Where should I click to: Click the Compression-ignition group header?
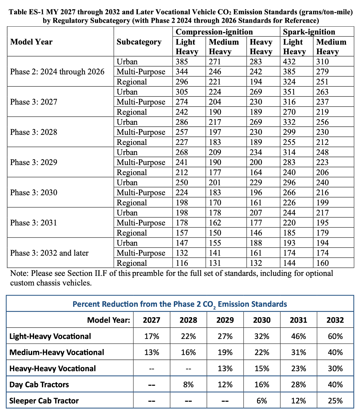tap(214, 32)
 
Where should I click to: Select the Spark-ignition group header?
tap(309, 32)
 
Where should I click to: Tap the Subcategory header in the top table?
tap(139, 42)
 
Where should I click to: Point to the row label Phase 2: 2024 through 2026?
tap(57, 72)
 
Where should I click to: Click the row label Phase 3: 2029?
tap(33, 162)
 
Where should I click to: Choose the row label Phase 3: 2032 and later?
tap(49, 253)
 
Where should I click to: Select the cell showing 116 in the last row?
tap(182, 263)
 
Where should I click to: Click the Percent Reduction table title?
tap(180, 304)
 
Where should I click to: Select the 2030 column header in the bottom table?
tap(262, 320)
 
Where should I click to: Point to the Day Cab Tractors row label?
tap(39, 385)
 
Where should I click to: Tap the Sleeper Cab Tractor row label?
tap(44, 401)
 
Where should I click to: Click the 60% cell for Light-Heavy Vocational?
tap(335, 336)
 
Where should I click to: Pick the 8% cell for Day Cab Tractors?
tap(188, 385)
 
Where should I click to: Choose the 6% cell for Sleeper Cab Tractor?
tap(262, 401)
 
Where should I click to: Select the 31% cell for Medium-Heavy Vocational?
tap(298, 353)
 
